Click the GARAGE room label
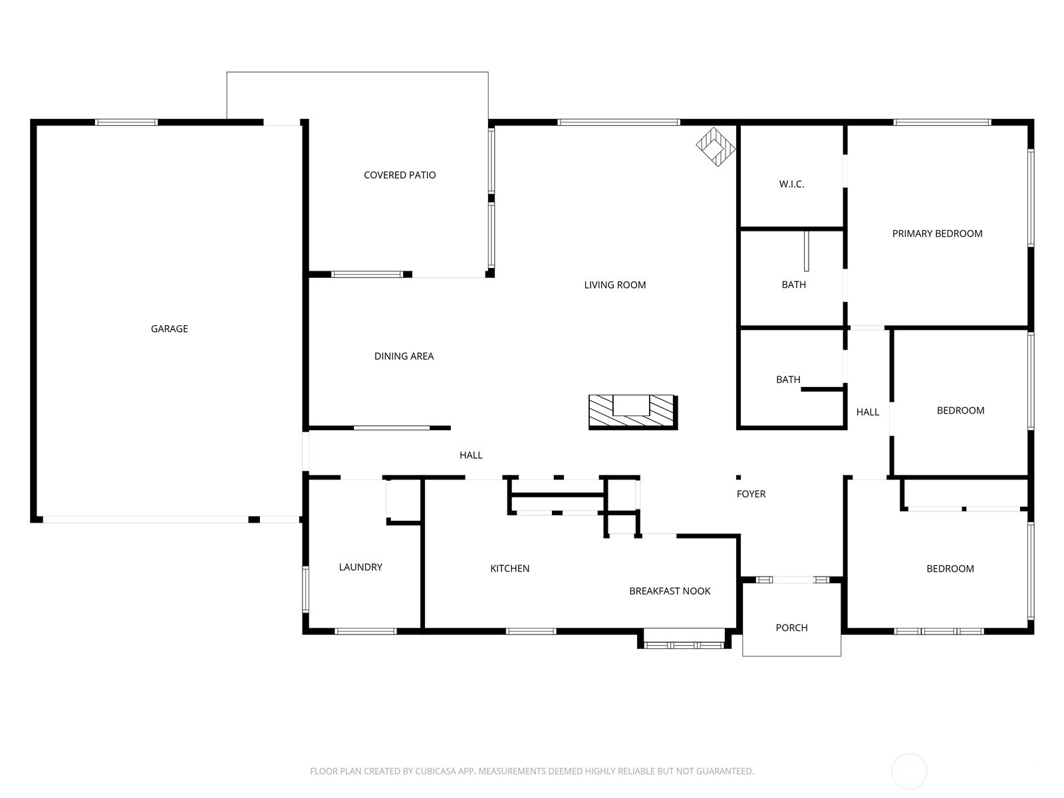(x=169, y=329)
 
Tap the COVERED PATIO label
(x=400, y=175)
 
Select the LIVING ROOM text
(x=614, y=285)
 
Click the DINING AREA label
(x=404, y=356)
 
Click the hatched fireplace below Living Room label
(x=632, y=412)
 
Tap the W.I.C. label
(x=791, y=184)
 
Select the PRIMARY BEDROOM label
(x=937, y=233)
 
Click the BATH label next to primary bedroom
(x=793, y=285)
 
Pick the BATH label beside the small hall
(x=788, y=380)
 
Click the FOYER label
(x=751, y=494)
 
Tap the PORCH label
(x=791, y=628)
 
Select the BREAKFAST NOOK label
(x=670, y=591)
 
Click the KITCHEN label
(x=509, y=569)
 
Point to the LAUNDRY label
(x=360, y=567)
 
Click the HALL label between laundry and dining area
(x=471, y=456)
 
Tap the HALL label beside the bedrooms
(x=867, y=412)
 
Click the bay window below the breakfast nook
(x=684, y=643)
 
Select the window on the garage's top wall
(x=126, y=122)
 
